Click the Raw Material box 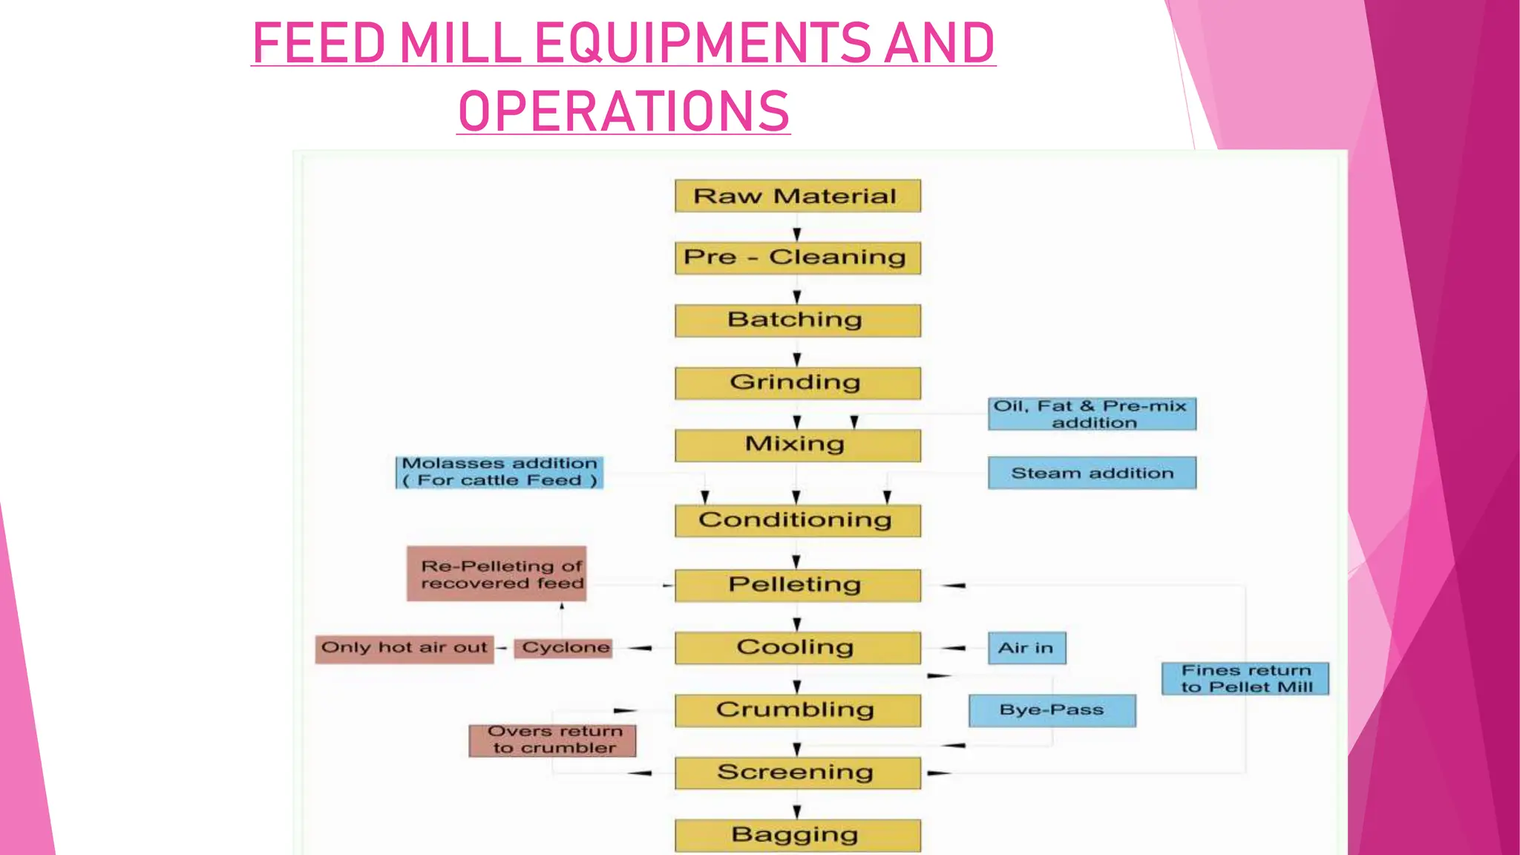797,196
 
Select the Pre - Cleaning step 797,258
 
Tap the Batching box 797,320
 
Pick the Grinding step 797,383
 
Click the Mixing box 797,445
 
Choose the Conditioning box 797,520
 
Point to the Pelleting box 797,585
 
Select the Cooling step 797,647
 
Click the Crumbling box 797,710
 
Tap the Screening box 797,773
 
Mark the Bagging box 797,835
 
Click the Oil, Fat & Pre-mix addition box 1091,414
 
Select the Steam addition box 1091,473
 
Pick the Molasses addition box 499,472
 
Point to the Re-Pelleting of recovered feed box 497,574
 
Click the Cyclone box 564,648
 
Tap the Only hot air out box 404,648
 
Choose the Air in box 1026,648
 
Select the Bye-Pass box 1052,710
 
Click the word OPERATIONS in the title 623,111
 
